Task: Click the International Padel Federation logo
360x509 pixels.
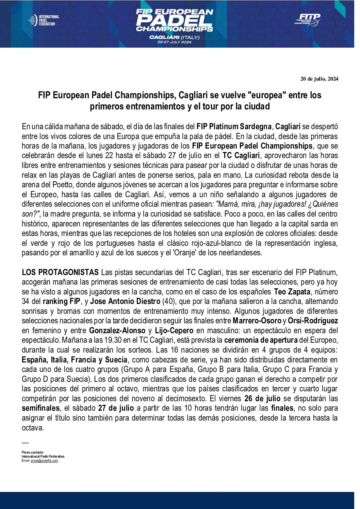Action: (x=44, y=20)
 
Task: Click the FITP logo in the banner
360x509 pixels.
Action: (x=307, y=20)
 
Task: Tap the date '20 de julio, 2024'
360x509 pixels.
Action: (x=319, y=79)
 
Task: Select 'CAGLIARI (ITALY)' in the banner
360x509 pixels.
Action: (x=174, y=37)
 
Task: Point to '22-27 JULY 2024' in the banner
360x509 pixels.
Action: (x=174, y=42)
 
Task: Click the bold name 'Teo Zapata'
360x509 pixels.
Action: (x=292, y=292)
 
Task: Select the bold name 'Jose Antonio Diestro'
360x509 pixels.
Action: (x=125, y=301)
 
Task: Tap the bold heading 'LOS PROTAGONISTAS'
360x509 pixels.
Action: (x=60, y=272)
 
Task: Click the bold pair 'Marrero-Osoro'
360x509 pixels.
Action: (x=257, y=321)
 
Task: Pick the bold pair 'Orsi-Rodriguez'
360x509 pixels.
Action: (x=313, y=321)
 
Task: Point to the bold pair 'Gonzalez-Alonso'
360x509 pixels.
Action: (x=117, y=330)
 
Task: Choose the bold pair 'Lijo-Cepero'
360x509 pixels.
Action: (x=174, y=330)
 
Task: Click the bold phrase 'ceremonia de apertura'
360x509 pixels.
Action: (x=261, y=340)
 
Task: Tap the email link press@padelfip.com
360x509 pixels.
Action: (x=44, y=461)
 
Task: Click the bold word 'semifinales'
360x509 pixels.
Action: (x=41, y=408)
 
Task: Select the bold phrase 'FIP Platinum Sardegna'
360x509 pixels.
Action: (x=234, y=127)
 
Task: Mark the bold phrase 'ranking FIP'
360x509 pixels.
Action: (x=62, y=301)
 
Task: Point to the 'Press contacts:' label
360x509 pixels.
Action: (x=33, y=452)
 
